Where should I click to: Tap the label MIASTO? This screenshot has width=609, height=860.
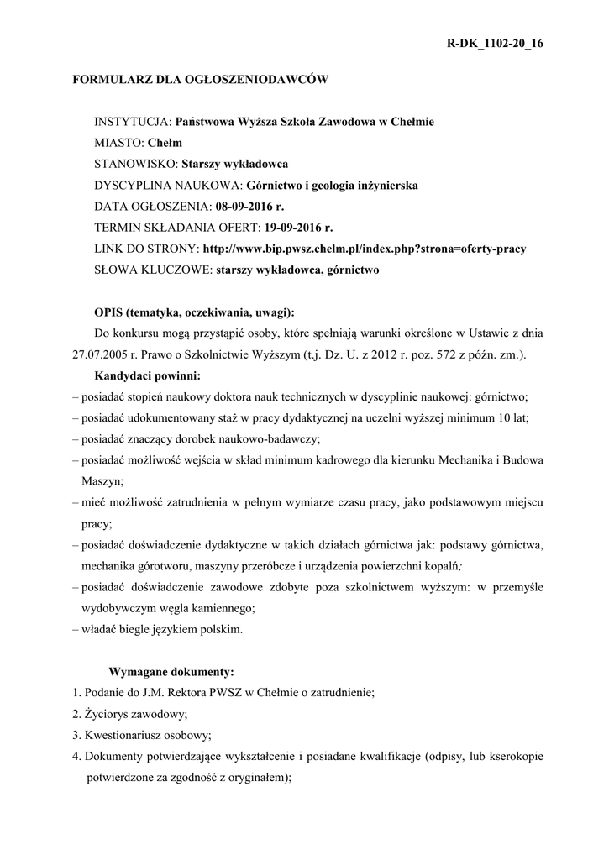click(118, 143)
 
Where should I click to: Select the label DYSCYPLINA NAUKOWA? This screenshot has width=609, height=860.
click(167, 185)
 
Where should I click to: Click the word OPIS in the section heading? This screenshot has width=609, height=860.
click(109, 312)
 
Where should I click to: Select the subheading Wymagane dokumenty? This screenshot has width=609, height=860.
click(172, 672)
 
